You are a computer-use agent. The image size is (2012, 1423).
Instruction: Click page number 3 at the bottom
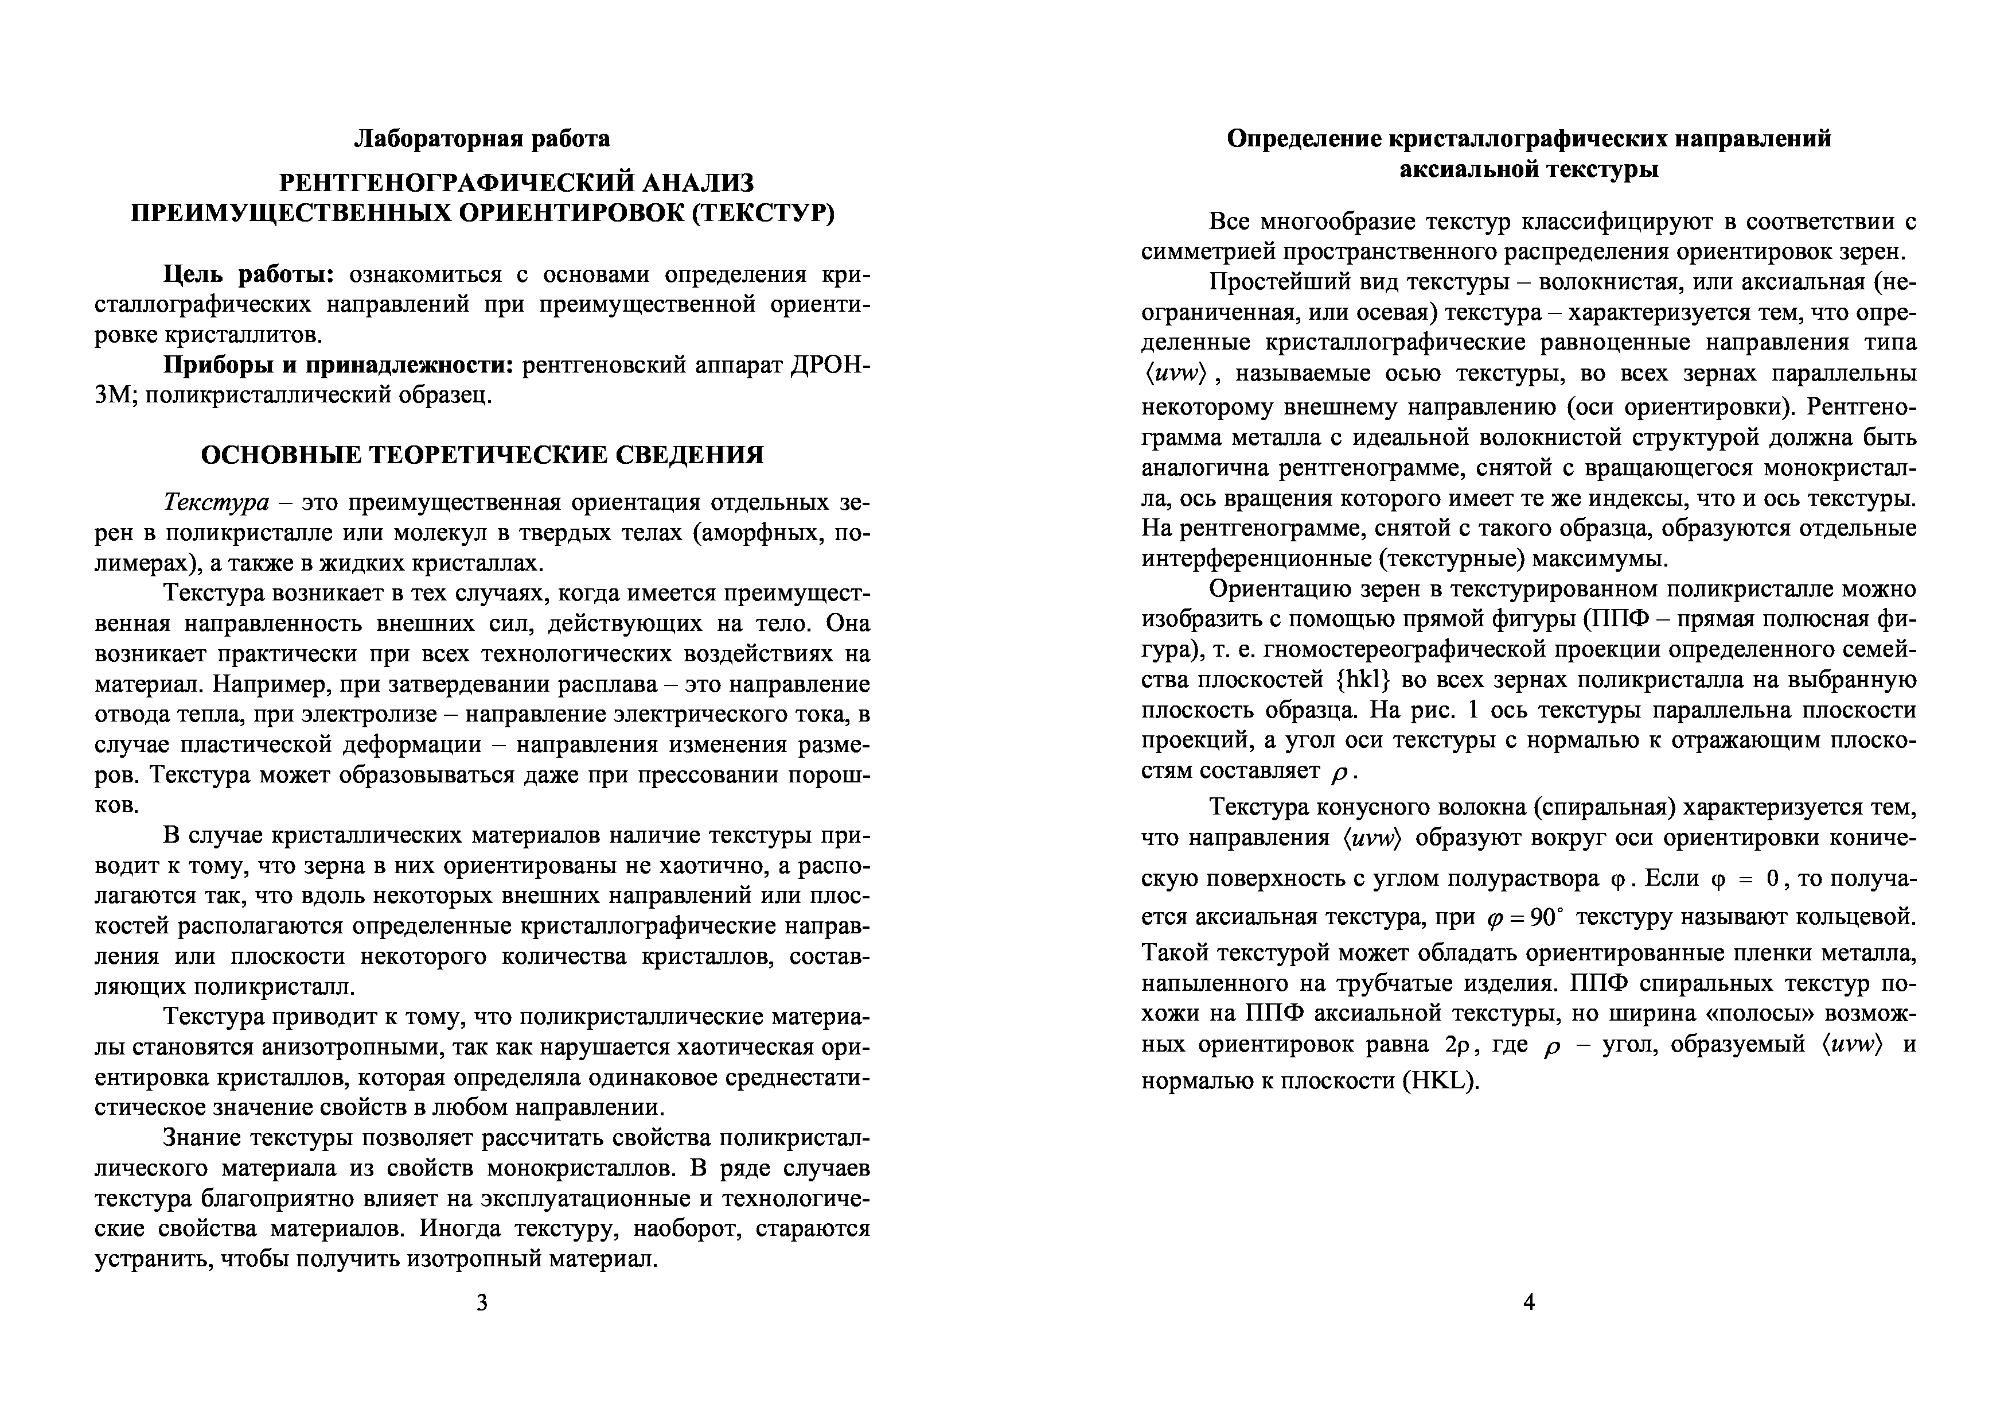(481, 1302)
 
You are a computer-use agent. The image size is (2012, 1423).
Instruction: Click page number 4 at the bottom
(1529, 1302)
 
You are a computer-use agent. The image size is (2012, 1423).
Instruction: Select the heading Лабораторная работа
(482, 138)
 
